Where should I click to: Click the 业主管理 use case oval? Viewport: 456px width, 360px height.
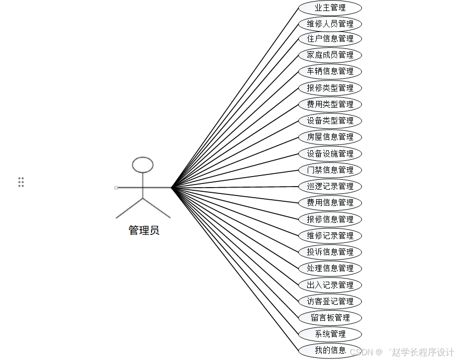[330, 8]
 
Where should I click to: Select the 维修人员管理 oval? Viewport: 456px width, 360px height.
[330, 24]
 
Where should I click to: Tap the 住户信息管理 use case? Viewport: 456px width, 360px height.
[330, 39]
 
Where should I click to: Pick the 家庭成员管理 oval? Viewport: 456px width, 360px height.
[330, 55]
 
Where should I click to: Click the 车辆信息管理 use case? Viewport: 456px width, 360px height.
[330, 71]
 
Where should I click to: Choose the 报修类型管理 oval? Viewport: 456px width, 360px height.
[330, 88]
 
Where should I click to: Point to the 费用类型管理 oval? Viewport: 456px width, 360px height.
[330, 104]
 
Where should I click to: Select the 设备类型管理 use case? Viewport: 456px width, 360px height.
[330, 120]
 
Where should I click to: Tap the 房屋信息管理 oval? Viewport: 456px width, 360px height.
[330, 137]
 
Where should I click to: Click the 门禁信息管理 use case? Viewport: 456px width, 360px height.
[330, 170]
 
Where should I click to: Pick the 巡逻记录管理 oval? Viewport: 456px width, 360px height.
[330, 186]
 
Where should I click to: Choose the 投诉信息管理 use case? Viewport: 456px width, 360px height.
[330, 252]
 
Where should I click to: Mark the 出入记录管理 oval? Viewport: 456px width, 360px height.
[330, 285]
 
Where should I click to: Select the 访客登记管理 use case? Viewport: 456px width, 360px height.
[330, 301]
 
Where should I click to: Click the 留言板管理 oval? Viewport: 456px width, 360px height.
[330, 317]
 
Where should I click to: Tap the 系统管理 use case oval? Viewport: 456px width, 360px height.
[330, 334]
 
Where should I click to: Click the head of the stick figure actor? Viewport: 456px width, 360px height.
[143, 165]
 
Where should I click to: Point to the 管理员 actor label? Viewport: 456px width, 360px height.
[144, 230]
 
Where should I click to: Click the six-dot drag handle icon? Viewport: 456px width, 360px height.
[21, 182]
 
